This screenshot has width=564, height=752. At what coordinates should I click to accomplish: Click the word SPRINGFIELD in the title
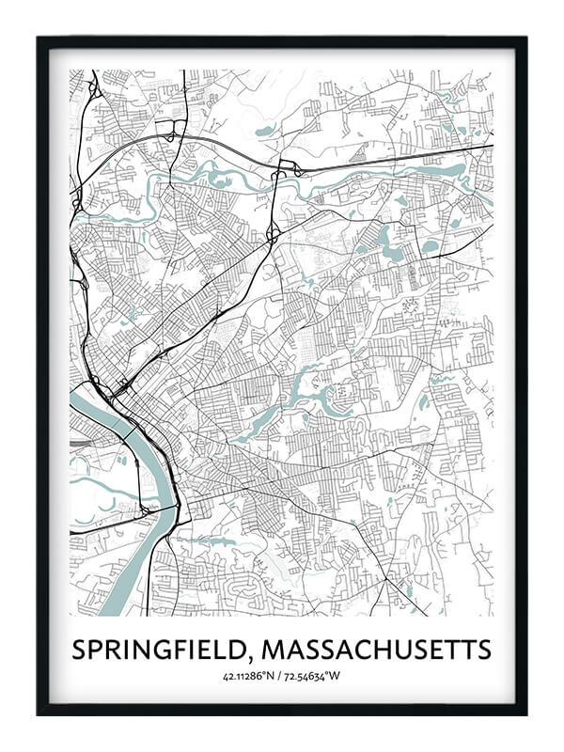161,650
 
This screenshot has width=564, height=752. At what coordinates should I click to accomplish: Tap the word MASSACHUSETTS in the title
377,650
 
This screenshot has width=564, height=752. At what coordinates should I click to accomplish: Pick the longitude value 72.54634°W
316,674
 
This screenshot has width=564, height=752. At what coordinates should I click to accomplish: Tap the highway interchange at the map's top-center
282,170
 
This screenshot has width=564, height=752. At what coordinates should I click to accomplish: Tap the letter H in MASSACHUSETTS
378,650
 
